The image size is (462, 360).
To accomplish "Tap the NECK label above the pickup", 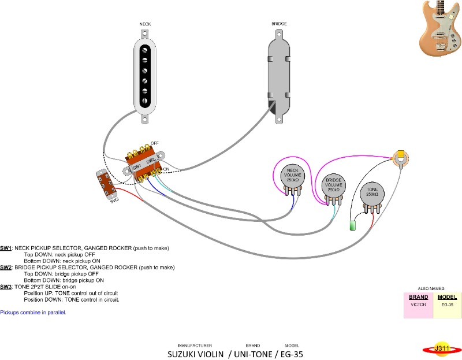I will tap(145, 24).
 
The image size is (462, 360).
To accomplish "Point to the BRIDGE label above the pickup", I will tap(279, 24).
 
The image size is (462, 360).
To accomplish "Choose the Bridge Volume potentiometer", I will tap(333, 185).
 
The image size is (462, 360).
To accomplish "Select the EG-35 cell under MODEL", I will tap(448, 303).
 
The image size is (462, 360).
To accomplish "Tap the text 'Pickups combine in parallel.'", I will tap(33, 312).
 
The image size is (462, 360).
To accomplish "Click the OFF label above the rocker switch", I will tap(155, 143).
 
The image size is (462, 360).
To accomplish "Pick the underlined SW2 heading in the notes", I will tap(6, 268).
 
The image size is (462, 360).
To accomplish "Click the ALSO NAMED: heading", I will tap(432, 288).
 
